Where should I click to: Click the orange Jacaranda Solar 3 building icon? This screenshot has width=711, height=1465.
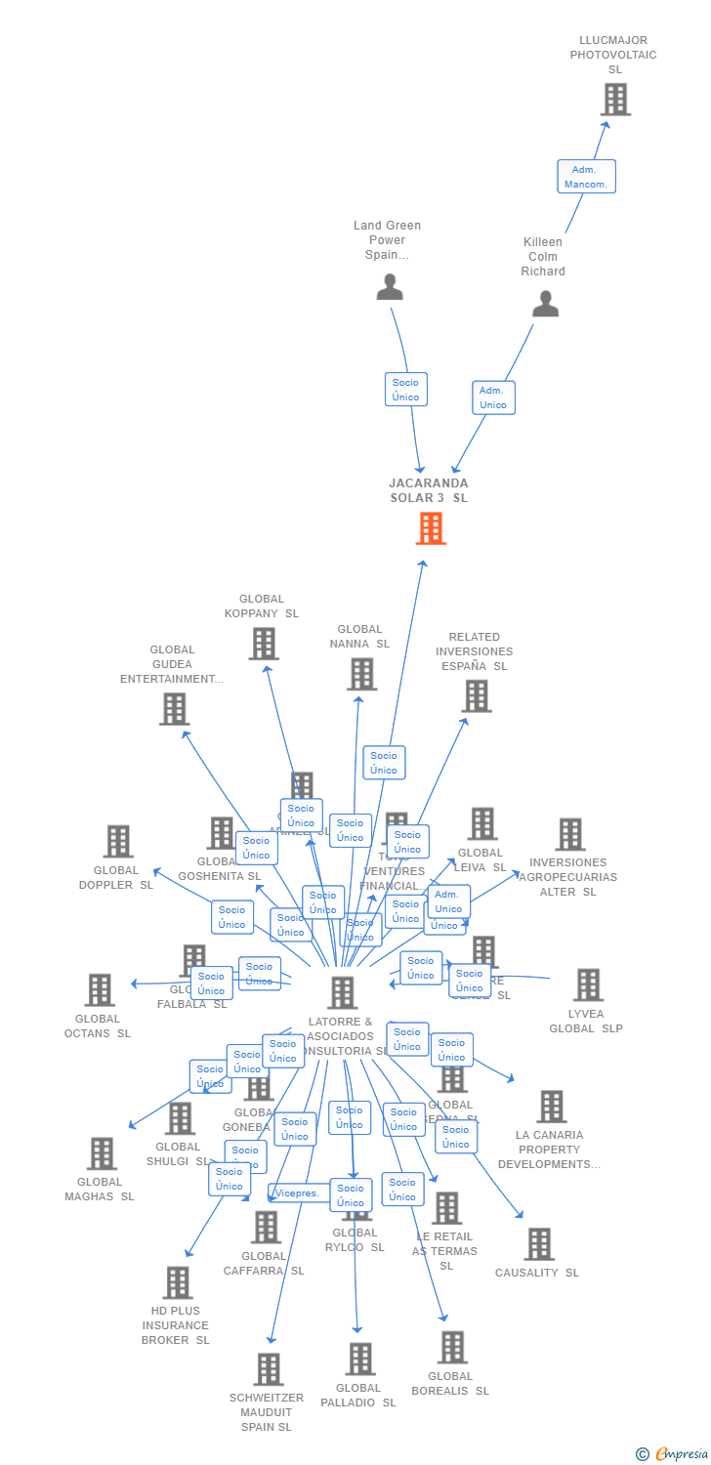pos(431,528)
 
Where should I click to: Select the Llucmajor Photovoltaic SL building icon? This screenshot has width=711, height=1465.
pos(615,100)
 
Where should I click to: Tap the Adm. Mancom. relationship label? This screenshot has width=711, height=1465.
pos(586,177)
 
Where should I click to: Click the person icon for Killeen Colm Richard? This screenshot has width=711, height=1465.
pos(545,304)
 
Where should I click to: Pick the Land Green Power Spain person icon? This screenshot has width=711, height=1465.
pos(390,287)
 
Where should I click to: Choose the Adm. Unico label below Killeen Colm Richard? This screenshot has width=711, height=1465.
pos(493,398)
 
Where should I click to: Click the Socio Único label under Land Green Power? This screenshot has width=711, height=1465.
pos(406,389)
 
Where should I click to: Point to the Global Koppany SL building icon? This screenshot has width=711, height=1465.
pos(263,644)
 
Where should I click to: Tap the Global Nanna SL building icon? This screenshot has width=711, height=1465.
pos(361,674)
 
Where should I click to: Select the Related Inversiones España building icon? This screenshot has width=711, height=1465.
pos(476,696)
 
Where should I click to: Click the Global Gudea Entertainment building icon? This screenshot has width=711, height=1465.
pos(174,709)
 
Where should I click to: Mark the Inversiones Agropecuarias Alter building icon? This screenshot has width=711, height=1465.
pos(570,835)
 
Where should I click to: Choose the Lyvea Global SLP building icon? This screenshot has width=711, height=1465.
pos(588,985)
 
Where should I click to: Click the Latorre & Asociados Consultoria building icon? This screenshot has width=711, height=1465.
pos(342,992)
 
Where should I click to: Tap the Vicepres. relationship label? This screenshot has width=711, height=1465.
pos(297,1193)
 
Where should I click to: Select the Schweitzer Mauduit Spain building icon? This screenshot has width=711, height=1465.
pos(269,1369)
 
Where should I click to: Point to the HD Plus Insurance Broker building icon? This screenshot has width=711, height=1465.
pos(177,1282)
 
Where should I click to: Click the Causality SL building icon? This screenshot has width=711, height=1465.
pos(539,1244)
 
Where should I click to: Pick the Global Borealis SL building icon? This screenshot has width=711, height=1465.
pos(451,1348)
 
